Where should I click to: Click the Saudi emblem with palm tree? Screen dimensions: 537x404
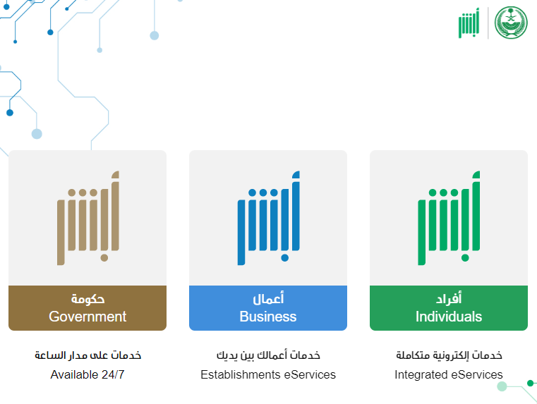point(511,23)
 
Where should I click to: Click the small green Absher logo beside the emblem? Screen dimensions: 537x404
point(469,23)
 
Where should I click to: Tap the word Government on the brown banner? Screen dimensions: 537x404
point(88,317)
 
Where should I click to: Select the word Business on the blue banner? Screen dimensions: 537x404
point(268,317)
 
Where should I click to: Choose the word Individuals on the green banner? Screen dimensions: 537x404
point(449,317)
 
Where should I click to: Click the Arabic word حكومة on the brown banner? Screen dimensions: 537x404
point(88,299)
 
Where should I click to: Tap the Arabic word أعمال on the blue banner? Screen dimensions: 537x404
point(268,298)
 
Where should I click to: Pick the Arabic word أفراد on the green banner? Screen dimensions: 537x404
point(449,298)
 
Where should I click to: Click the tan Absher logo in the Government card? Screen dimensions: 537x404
point(88,218)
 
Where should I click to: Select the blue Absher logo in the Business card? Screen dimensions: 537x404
point(268,218)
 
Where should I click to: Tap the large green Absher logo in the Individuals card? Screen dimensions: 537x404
point(449,218)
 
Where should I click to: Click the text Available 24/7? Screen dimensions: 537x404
point(88,374)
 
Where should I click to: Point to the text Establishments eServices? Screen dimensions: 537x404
point(268,374)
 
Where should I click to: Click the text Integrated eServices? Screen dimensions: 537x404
point(449,374)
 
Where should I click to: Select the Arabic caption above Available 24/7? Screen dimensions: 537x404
point(88,355)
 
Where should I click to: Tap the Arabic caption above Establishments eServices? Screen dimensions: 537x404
point(268,355)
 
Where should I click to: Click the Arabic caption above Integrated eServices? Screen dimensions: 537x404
point(449,355)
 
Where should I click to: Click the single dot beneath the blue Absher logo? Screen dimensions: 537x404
point(284,257)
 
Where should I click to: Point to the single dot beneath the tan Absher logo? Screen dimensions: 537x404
point(104,257)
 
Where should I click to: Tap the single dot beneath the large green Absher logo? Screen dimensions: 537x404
point(465,257)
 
